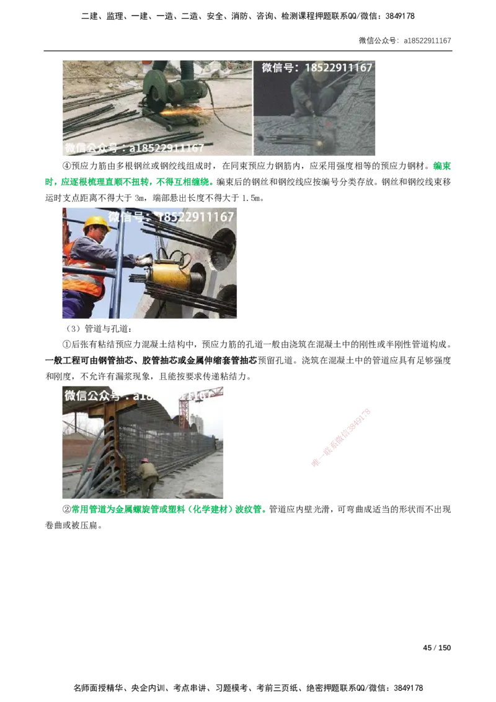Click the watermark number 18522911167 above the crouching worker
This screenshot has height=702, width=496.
[339, 67]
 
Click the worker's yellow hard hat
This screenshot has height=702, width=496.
[95, 223]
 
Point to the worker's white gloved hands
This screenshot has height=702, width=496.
[144, 259]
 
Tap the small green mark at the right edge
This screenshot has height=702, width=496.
[441, 166]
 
